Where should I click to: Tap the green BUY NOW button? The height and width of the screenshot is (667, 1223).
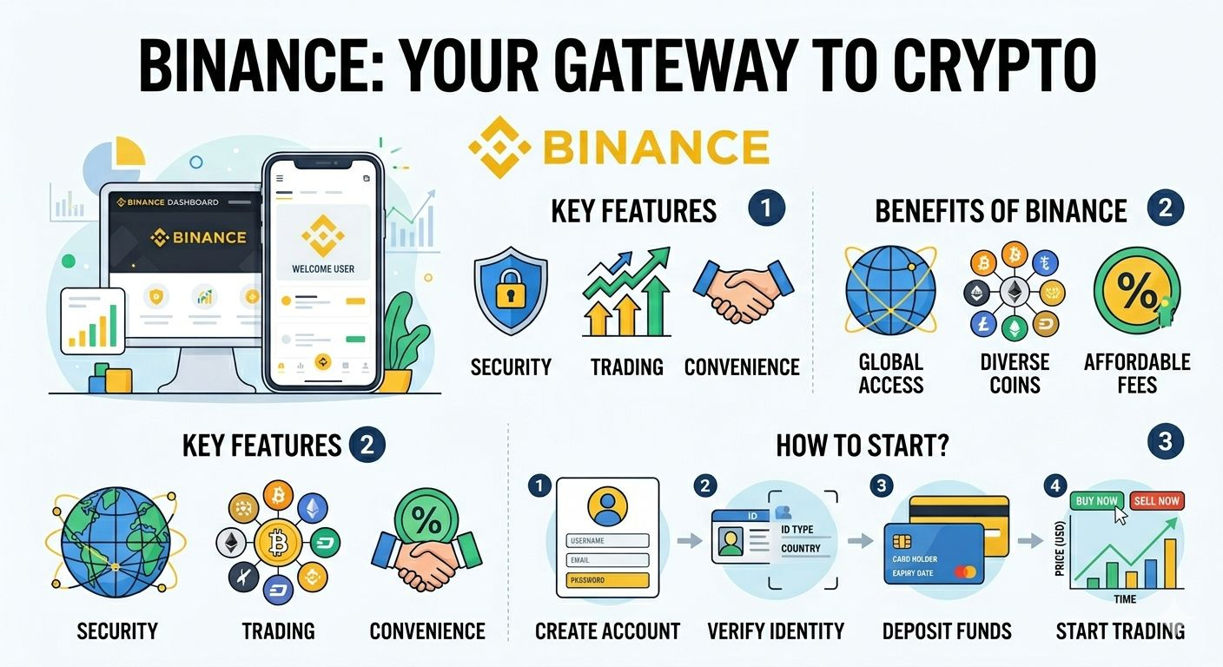1097,500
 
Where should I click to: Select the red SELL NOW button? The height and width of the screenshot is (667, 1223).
1157,500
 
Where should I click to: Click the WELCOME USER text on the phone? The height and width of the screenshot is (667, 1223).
323,269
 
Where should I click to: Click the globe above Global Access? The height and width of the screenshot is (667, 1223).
890,291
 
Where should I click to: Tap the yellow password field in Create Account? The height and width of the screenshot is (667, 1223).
607,579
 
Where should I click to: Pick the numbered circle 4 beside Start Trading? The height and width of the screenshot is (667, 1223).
1055,486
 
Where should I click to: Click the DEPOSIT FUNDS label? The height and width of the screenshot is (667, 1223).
947,631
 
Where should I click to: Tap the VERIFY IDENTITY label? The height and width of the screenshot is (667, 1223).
776,631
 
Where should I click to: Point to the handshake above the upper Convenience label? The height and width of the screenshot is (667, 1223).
743,290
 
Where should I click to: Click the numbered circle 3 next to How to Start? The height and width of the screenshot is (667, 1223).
1165,442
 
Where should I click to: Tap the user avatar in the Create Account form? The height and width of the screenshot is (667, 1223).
607,505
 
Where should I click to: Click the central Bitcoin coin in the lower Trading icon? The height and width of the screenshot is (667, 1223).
277,545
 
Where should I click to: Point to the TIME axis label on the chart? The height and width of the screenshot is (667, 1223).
1124,599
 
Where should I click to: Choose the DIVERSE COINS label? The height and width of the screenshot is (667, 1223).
1015,373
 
